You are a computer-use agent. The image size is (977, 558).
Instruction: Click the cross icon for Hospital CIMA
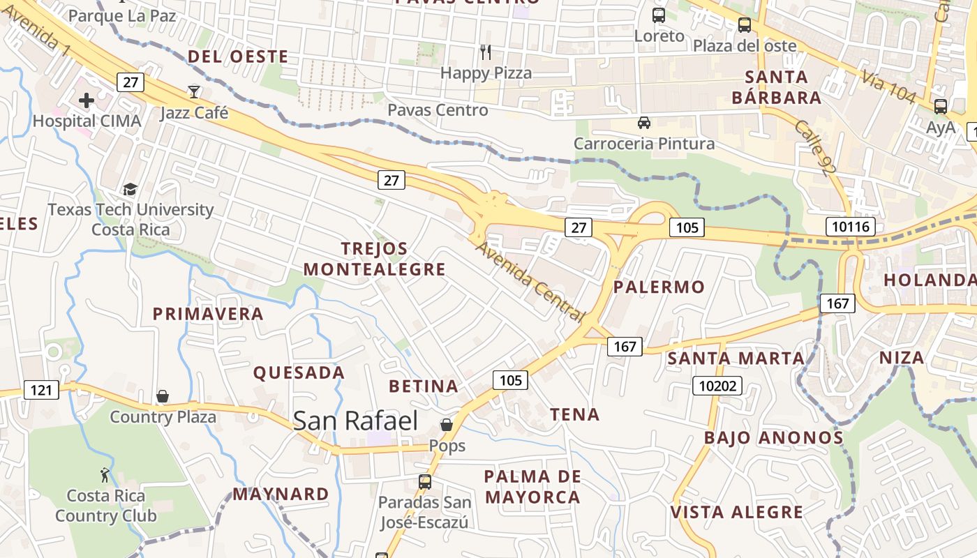point(87,100)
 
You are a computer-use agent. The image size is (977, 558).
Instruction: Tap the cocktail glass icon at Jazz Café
point(193,91)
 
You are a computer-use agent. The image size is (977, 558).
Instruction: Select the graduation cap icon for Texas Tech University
point(130,189)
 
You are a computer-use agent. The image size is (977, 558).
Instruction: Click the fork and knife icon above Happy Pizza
point(486,52)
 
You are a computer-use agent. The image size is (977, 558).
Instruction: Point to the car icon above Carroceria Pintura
point(644,123)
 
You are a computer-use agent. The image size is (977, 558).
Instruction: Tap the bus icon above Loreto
point(659,15)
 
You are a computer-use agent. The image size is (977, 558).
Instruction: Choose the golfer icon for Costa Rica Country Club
point(105,475)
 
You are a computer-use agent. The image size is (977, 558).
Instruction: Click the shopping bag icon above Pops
point(447,424)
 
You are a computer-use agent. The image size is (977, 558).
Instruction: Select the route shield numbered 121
point(41,389)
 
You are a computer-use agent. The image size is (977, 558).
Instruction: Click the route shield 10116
point(850,226)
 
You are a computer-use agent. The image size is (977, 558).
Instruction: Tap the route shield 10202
point(717,385)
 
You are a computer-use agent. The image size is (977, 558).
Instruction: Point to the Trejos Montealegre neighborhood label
point(374,259)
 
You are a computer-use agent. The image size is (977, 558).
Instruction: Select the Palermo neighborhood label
point(659,287)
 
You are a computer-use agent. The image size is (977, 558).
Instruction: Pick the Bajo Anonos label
point(773,438)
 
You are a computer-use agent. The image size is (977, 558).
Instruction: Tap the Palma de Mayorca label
point(532,487)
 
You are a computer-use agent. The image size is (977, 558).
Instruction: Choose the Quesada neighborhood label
point(299,372)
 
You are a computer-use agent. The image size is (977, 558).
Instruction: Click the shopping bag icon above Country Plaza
point(163,396)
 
